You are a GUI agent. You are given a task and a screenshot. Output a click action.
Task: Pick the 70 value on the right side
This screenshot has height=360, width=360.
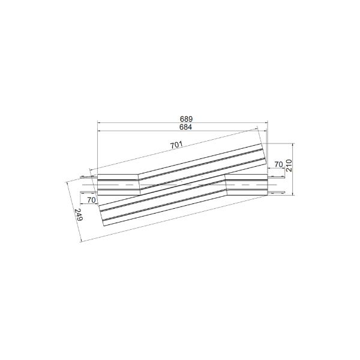pos(278,164)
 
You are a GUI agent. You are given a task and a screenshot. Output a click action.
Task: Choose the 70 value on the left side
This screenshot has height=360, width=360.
pos(92,199)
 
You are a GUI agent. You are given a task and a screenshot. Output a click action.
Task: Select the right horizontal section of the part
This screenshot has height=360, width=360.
pos(246,184)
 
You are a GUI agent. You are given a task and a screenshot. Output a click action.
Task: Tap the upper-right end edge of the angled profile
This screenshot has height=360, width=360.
pos(265,154)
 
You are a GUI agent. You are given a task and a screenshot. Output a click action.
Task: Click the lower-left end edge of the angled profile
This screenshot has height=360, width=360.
pos(103,215)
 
